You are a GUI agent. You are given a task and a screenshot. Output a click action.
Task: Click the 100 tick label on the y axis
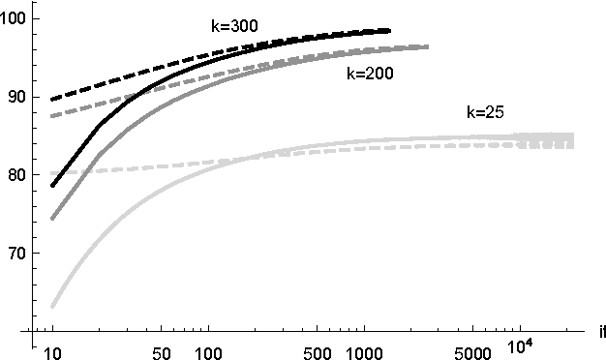(x=15, y=18)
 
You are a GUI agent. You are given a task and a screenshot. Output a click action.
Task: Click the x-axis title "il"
(x=601, y=333)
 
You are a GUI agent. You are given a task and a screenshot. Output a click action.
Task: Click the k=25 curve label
(x=485, y=112)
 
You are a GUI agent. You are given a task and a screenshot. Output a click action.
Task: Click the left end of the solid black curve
(x=53, y=185)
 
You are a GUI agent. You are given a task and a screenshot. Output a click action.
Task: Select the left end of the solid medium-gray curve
(x=53, y=218)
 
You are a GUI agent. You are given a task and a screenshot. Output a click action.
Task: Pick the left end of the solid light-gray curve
(x=53, y=306)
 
